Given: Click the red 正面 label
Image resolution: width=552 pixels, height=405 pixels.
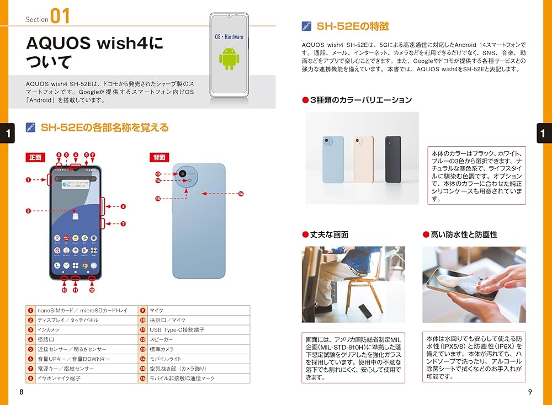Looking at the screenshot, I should (x=36, y=157).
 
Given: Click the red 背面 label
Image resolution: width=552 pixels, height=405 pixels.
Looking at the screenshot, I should (x=160, y=157).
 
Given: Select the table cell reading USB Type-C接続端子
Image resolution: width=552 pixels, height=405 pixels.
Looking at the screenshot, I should (x=194, y=329).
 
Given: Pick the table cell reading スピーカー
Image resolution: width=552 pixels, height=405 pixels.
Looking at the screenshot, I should (x=194, y=339).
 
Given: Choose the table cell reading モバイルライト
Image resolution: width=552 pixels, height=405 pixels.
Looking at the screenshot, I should (x=194, y=359).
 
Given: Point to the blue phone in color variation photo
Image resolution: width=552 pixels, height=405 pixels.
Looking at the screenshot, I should (x=333, y=159).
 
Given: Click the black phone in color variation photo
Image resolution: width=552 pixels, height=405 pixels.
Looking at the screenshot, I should (x=392, y=159).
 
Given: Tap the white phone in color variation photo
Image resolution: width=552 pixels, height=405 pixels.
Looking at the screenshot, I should (x=363, y=159).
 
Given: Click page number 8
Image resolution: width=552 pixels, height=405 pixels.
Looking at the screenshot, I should (x=22, y=392).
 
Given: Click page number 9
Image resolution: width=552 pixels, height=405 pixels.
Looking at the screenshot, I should (x=530, y=392).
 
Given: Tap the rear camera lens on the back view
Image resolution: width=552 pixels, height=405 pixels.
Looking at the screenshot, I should (x=182, y=173).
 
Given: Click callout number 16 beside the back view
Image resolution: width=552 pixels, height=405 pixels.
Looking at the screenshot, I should (x=241, y=194).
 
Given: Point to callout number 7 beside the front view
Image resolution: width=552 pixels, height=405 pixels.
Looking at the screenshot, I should (x=123, y=224).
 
